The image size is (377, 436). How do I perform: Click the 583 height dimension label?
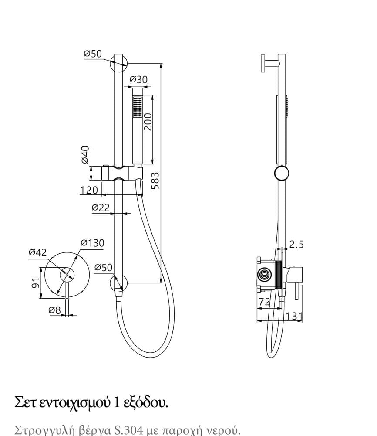point(156,181)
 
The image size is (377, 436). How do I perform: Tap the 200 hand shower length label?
point(148,122)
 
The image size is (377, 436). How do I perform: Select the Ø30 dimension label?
point(138,79)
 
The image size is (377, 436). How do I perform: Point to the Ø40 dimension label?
point(85,155)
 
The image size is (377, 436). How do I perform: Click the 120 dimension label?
point(89,190)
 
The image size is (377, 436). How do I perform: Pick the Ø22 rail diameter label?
point(101,208)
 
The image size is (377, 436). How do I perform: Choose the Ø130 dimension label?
point(92,243)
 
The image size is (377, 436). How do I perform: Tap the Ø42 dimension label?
point(38,252)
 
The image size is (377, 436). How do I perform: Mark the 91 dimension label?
point(36,283)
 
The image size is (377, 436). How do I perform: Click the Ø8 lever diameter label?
point(54,310)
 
